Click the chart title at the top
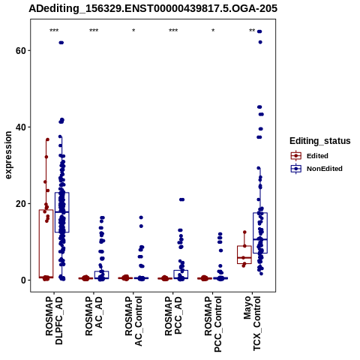[x=153, y=8]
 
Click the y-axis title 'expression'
[x=8, y=155]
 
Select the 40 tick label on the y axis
[x=21, y=127]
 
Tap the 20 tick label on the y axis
[x=21, y=204]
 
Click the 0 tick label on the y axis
[x=23, y=280]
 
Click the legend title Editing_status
[x=320, y=141]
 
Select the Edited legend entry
[x=310, y=156]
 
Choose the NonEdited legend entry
[x=316, y=169]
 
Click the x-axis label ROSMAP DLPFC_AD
[x=54, y=320]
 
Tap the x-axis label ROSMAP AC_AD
[x=94, y=316]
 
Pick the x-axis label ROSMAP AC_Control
[x=133, y=321]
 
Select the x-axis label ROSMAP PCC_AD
[x=173, y=316]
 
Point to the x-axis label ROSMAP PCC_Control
[x=213, y=324]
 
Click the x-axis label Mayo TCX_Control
[x=253, y=323]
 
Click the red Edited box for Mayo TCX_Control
[x=244, y=255]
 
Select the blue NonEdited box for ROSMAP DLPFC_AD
[x=62, y=212]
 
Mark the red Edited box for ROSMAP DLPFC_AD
[x=46, y=244]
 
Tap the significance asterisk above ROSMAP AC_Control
[x=133, y=31]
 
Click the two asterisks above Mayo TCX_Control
[x=252, y=31]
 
